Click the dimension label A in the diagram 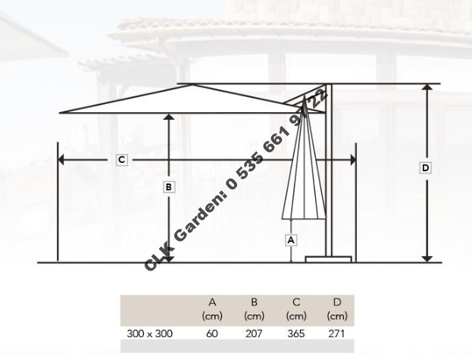point(292,239)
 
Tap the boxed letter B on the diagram point(169,186)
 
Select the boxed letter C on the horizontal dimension point(122,160)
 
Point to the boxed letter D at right point(426,168)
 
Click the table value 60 point(212,333)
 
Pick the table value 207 point(254,333)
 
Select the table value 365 point(295,333)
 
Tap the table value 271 point(336,333)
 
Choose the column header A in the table point(212,302)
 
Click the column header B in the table point(254,302)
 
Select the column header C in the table point(295,302)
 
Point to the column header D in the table point(336,302)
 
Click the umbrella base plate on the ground point(329,259)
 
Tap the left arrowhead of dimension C point(61,159)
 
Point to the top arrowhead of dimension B point(169,118)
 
